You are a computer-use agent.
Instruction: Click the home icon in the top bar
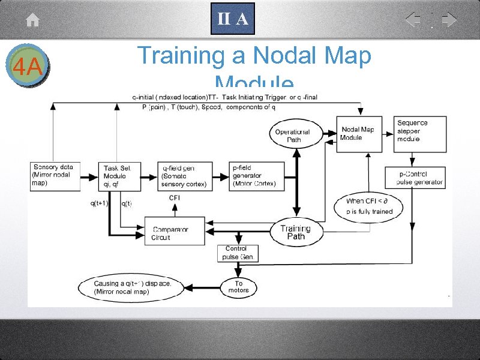pyautogui.click(x=33, y=20)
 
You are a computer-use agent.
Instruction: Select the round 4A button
pyautogui.click(x=26, y=65)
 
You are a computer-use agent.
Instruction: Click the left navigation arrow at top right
pyautogui.click(x=413, y=20)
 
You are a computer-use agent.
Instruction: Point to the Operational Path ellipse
pyautogui.click(x=293, y=136)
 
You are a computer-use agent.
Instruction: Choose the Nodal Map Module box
pyautogui.click(x=358, y=133)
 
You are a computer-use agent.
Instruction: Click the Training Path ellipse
pyautogui.click(x=296, y=232)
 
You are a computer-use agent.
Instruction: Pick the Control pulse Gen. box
pyautogui.click(x=238, y=253)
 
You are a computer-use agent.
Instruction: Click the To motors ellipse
pyautogui.click(x=239, y=287)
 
